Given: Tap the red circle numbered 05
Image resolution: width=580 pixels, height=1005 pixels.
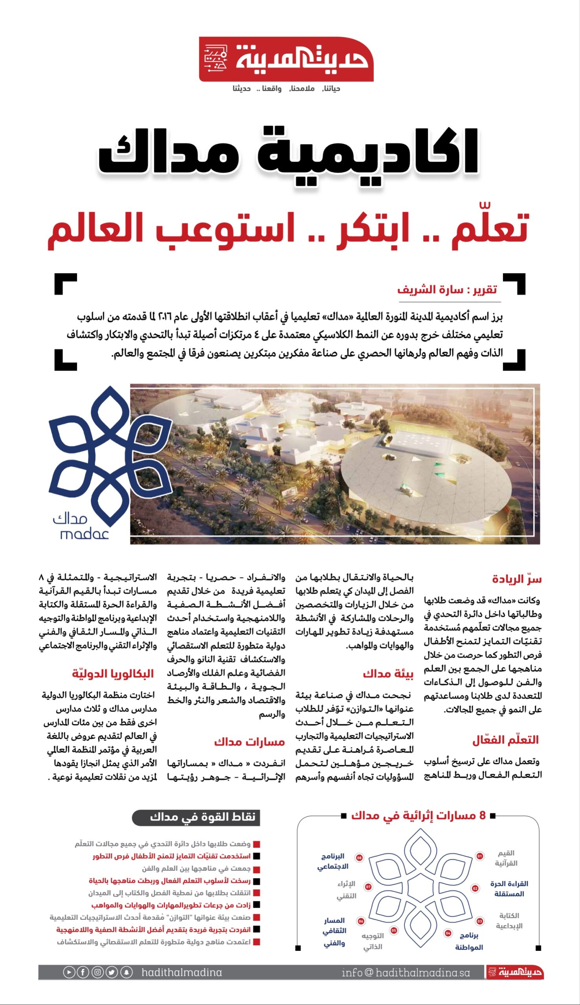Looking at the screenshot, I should coord(393,930).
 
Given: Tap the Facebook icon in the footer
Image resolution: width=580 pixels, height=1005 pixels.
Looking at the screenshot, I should coord(83,972).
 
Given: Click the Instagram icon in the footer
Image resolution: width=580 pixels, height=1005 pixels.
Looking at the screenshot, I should coord(98,972).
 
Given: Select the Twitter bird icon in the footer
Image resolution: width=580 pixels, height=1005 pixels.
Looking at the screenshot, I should coord(112,972).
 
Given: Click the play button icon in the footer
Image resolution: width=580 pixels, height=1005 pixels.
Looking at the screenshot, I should coord(68,972).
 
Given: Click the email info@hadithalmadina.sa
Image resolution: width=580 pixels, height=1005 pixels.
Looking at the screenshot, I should coord(406,972).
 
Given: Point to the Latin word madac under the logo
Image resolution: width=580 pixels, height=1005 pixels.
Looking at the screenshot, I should coord(84,534).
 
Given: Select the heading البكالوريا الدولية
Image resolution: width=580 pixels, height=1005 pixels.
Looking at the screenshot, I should coord(113,674).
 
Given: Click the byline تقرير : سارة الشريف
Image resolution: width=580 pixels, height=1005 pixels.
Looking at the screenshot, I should coord(446,289).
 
